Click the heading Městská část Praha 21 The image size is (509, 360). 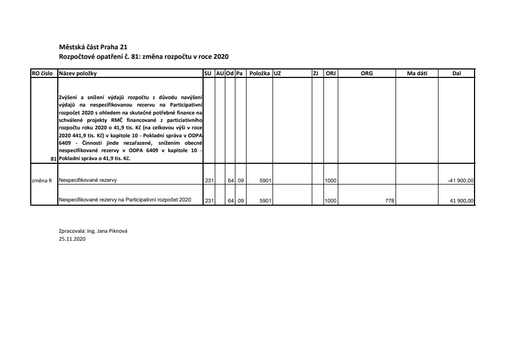pos(93,47)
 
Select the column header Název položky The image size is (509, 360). pos(78,74)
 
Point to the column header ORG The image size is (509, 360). pos(366,74)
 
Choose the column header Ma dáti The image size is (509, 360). pos(417,74)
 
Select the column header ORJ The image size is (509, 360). pos(331,74)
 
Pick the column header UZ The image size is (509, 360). pos(277,74)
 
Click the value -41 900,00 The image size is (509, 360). pos(461,181)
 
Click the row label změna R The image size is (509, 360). pos(42,181)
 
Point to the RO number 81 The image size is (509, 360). pos(53,159)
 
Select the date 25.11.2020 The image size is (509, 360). pos(72,239)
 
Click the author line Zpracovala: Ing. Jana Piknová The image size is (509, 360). pos(93,232)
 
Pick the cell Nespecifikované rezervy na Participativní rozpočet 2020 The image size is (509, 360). pos(125,200)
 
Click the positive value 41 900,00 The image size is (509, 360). pos(462,200)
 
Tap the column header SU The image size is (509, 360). pos(208,74)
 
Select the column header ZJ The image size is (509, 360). pos(315,74)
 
